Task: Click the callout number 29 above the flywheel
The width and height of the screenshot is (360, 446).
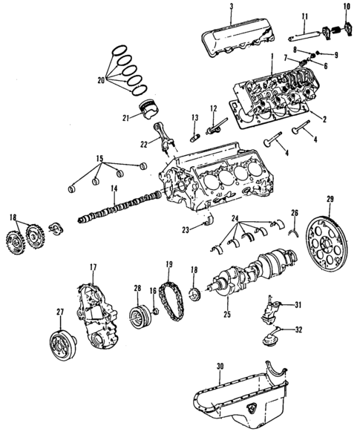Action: (330, 199)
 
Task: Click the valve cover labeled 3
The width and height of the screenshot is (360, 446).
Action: (238, 37)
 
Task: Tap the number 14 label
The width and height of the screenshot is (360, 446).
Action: (114, 190)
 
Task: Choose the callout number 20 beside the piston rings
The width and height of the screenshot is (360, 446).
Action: (101, 80)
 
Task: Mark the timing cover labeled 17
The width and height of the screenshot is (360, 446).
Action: (97, 312)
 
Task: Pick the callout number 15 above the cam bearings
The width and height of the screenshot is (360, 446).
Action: (100, 158)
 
